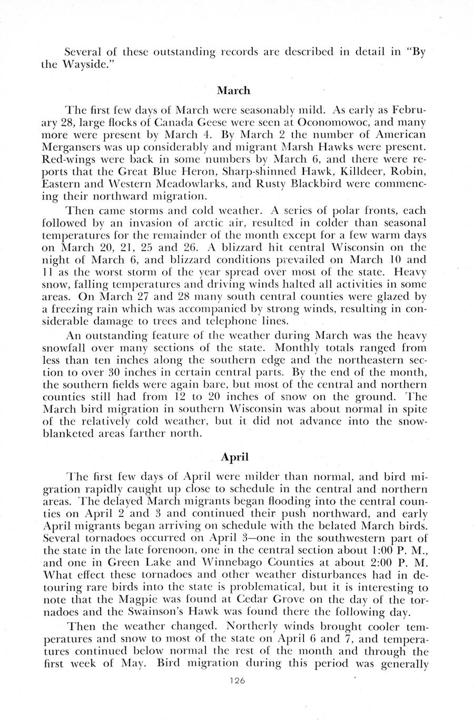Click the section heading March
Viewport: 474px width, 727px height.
pyautogui.click(x=234, y=91)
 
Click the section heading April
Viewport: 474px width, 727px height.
pyautogui.click(x=234, y=457)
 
